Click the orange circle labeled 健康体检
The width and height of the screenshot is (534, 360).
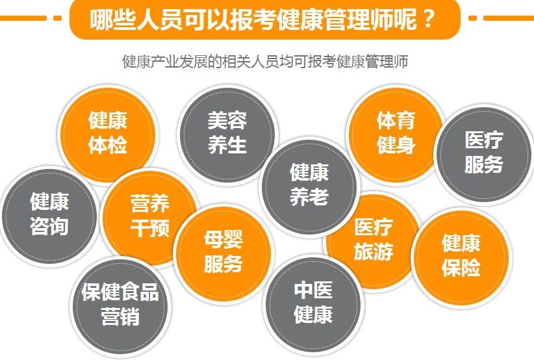(108, 135)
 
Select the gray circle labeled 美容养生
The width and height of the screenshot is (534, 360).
(227, 135)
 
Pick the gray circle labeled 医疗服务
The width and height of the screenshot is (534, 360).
(483, 154)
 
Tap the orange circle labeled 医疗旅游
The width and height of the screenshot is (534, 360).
(374, 241)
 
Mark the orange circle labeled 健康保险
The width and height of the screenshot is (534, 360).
(461, 257)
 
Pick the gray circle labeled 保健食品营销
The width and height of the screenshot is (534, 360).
(120, 307)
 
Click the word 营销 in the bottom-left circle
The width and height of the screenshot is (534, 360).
(120, 316)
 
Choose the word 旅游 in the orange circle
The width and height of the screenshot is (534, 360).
(374, 251)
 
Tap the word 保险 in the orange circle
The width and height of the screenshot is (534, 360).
(461, 268)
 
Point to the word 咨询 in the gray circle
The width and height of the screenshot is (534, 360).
(49, 226)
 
